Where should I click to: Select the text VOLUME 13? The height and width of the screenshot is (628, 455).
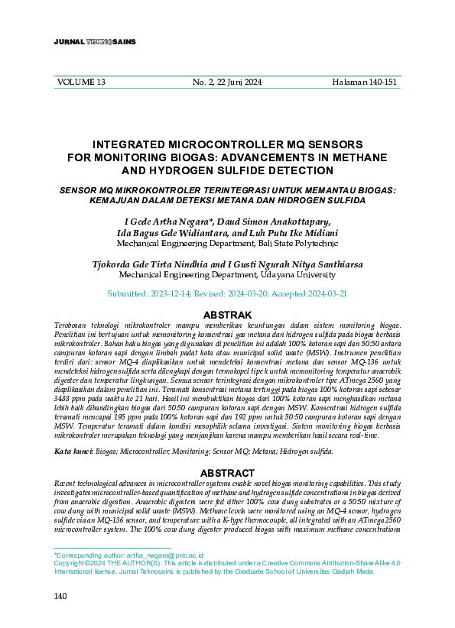pos(82,82)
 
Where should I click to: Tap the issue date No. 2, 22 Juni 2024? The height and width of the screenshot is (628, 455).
pos(226,82)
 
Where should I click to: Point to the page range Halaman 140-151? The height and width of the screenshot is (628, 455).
pos(365,82)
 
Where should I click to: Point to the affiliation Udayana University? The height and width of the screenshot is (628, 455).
pos(296,275)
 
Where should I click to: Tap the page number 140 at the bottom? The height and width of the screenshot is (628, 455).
pos(61,596)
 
